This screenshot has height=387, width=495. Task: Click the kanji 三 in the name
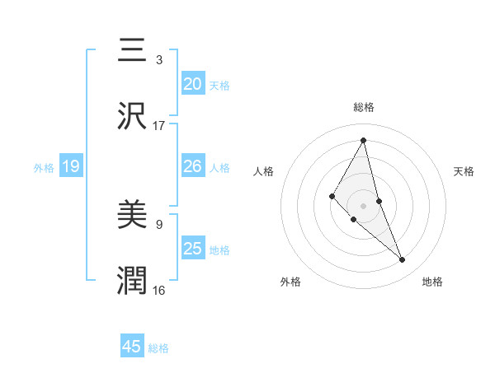pyautogui.click(x=132, y=51)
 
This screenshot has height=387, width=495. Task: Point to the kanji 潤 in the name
pyautogui.click(x=132, y=280)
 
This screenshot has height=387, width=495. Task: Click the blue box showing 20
pyautogui.click(x=192, y=84)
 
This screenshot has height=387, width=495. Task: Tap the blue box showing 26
pyautogui.click(x=192, y=166)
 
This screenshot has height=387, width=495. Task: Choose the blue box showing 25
pyautogui.click(x=192, y=249)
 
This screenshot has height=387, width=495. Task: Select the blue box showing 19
pyautogui.click(x=70, y=166)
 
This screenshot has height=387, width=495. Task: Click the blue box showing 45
pyautogui.click(x=132, y=347)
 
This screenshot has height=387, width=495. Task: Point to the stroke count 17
pyautogui.click(x=159, y=125)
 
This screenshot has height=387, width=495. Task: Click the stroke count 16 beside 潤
pyautogui.click(x=159, y=290)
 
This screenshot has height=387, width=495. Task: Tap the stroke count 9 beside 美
pyautogui.click(x=159, y=223)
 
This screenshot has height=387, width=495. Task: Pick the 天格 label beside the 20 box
pyautogui.click(x=219, y=85)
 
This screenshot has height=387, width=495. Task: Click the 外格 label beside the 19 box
pyautogui.click(x=44, y=167)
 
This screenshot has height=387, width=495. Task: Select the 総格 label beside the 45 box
pyautogui.click(x=158, y=347)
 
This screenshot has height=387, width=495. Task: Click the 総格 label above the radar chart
pyautogui.click(x=363, y=107)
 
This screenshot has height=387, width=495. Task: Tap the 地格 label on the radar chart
pyautogui.click(x=432, y=282)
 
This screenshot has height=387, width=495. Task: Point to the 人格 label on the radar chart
pyautogui.click(x=264, y=171)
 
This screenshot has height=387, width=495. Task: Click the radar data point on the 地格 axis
pyautogui.click(x=403, y=260)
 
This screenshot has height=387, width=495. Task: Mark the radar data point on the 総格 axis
pyautogui.click(x=363, y=140)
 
